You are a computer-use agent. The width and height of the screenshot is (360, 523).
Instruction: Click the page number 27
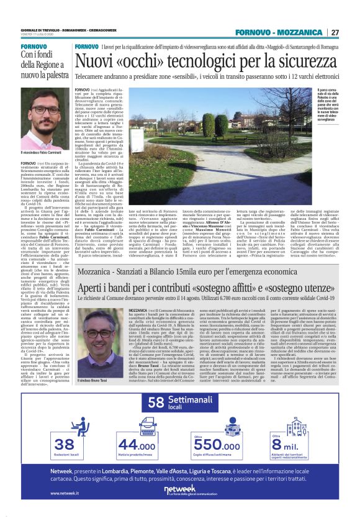click(x=335, y=32)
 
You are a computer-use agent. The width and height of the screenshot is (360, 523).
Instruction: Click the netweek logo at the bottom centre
click(x=179, y=490)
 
